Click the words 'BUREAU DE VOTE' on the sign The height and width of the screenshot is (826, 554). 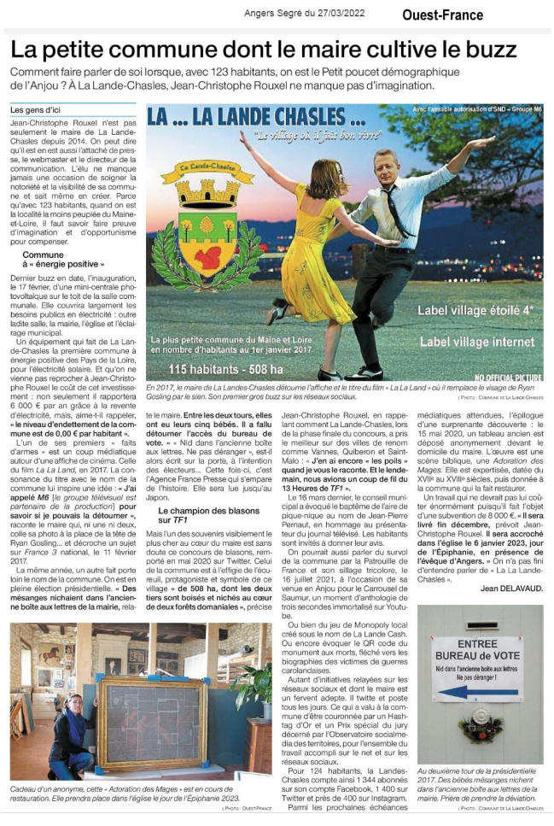click(x=477, y=654)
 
